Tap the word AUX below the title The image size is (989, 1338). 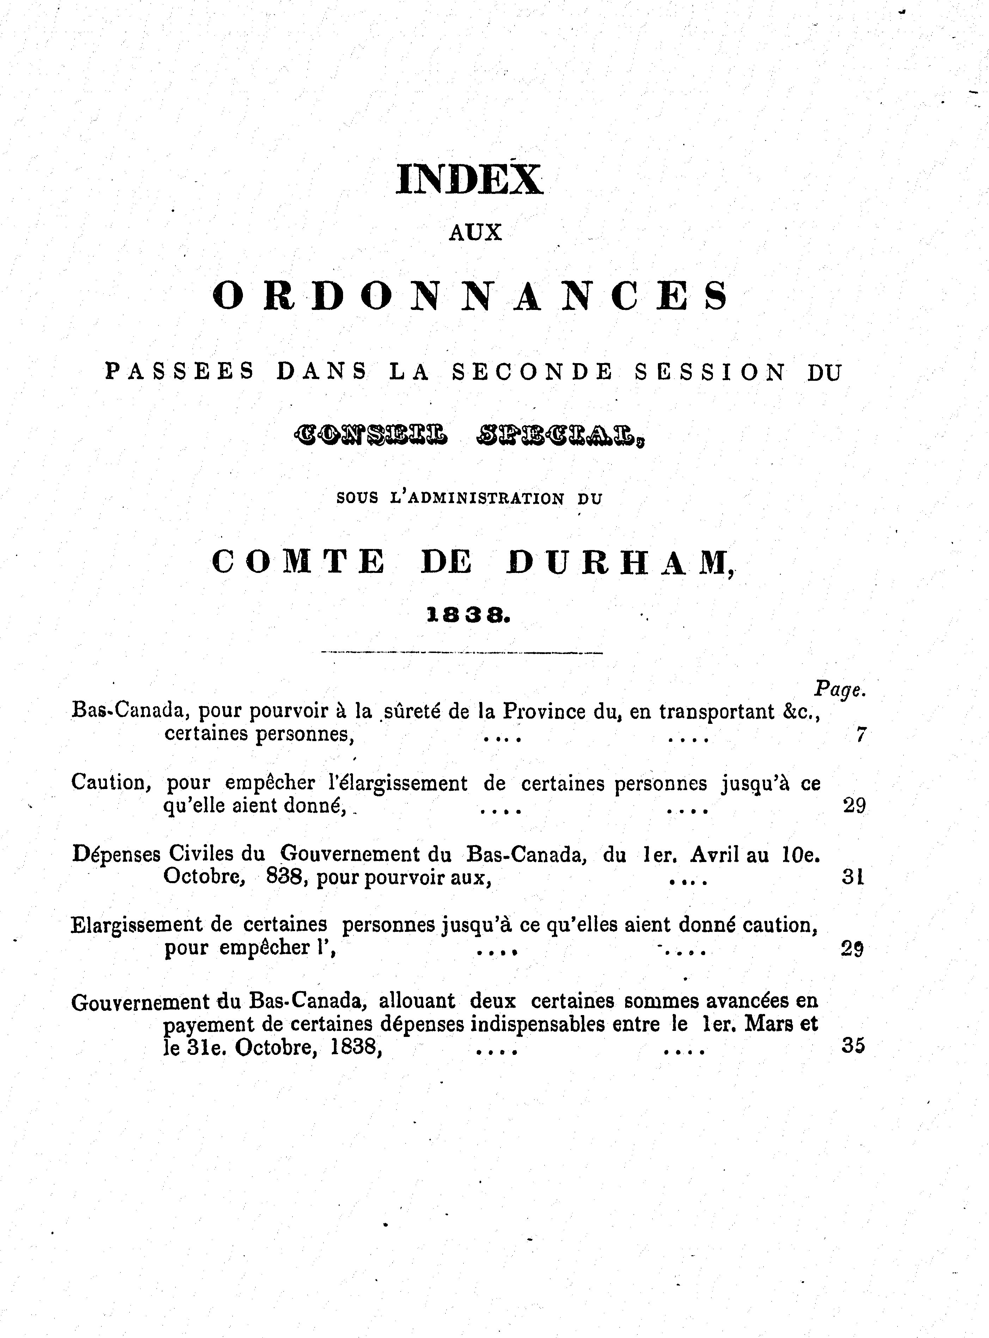pos(475,233)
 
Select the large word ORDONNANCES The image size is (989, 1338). pos(471,297)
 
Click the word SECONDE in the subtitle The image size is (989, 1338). pos(532,372)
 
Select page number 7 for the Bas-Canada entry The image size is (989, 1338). pos(860,734)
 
